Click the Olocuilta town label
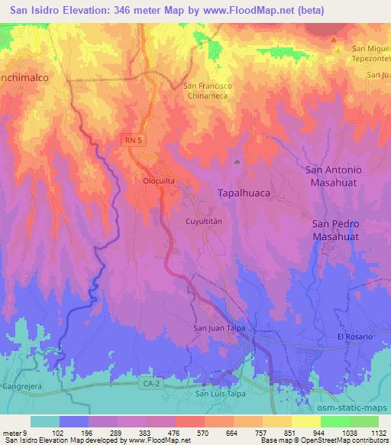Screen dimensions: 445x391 coord(160,182)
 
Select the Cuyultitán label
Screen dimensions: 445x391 coord(204,220)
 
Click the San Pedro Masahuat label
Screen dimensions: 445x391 coord(341,230)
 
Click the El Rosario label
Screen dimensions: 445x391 coord(354,337)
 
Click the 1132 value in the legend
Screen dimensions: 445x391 coord(377,433)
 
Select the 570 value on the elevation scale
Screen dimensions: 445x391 coord(202,433)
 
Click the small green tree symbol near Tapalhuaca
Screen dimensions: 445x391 coord(237,162)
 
